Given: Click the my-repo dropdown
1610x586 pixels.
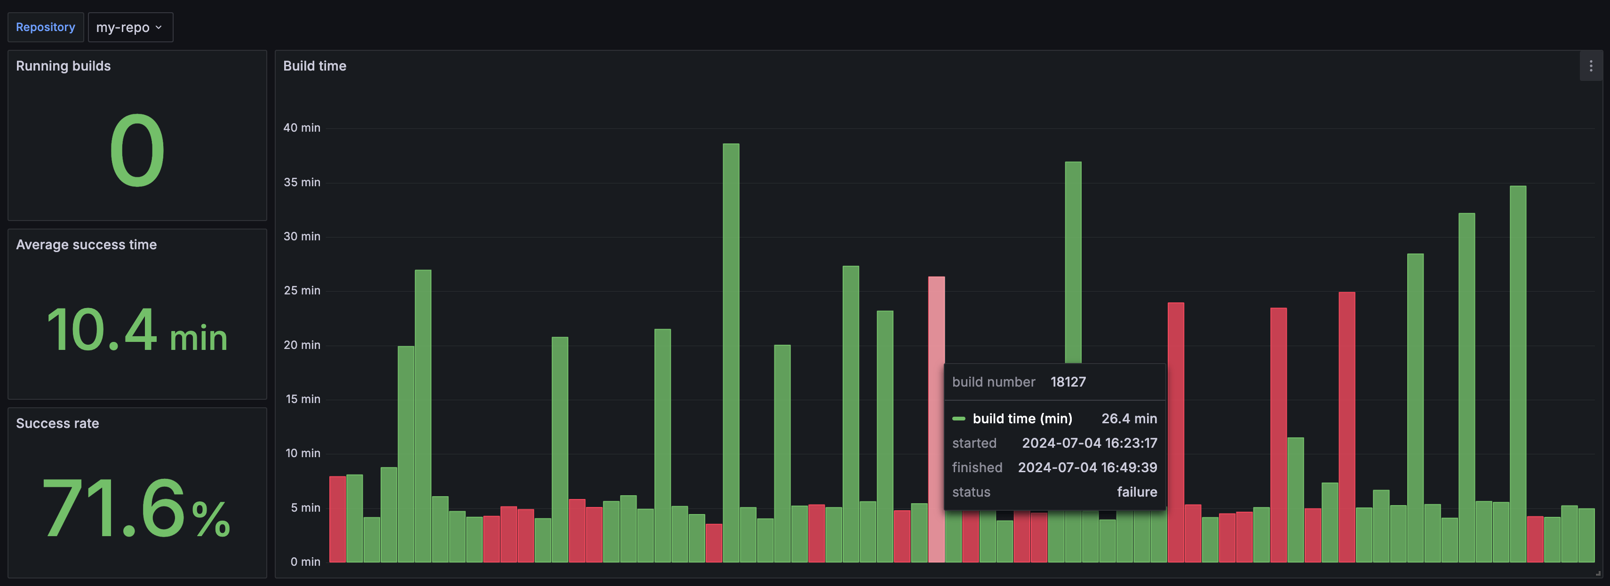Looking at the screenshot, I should point(130,27).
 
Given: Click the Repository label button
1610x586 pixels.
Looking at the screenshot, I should point(45,27).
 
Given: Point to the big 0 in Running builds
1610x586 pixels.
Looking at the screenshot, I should point(137,150).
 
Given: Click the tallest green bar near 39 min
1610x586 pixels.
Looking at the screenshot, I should point(731,350).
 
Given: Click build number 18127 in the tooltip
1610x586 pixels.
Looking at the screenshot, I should point(1068,382).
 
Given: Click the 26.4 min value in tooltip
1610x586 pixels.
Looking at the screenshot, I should point(1129,419).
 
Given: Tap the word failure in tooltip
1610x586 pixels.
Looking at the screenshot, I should point(1136,491).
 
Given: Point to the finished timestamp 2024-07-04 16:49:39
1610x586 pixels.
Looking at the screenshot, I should point(1087,467).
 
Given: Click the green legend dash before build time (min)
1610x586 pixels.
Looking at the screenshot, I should point(958,419).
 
